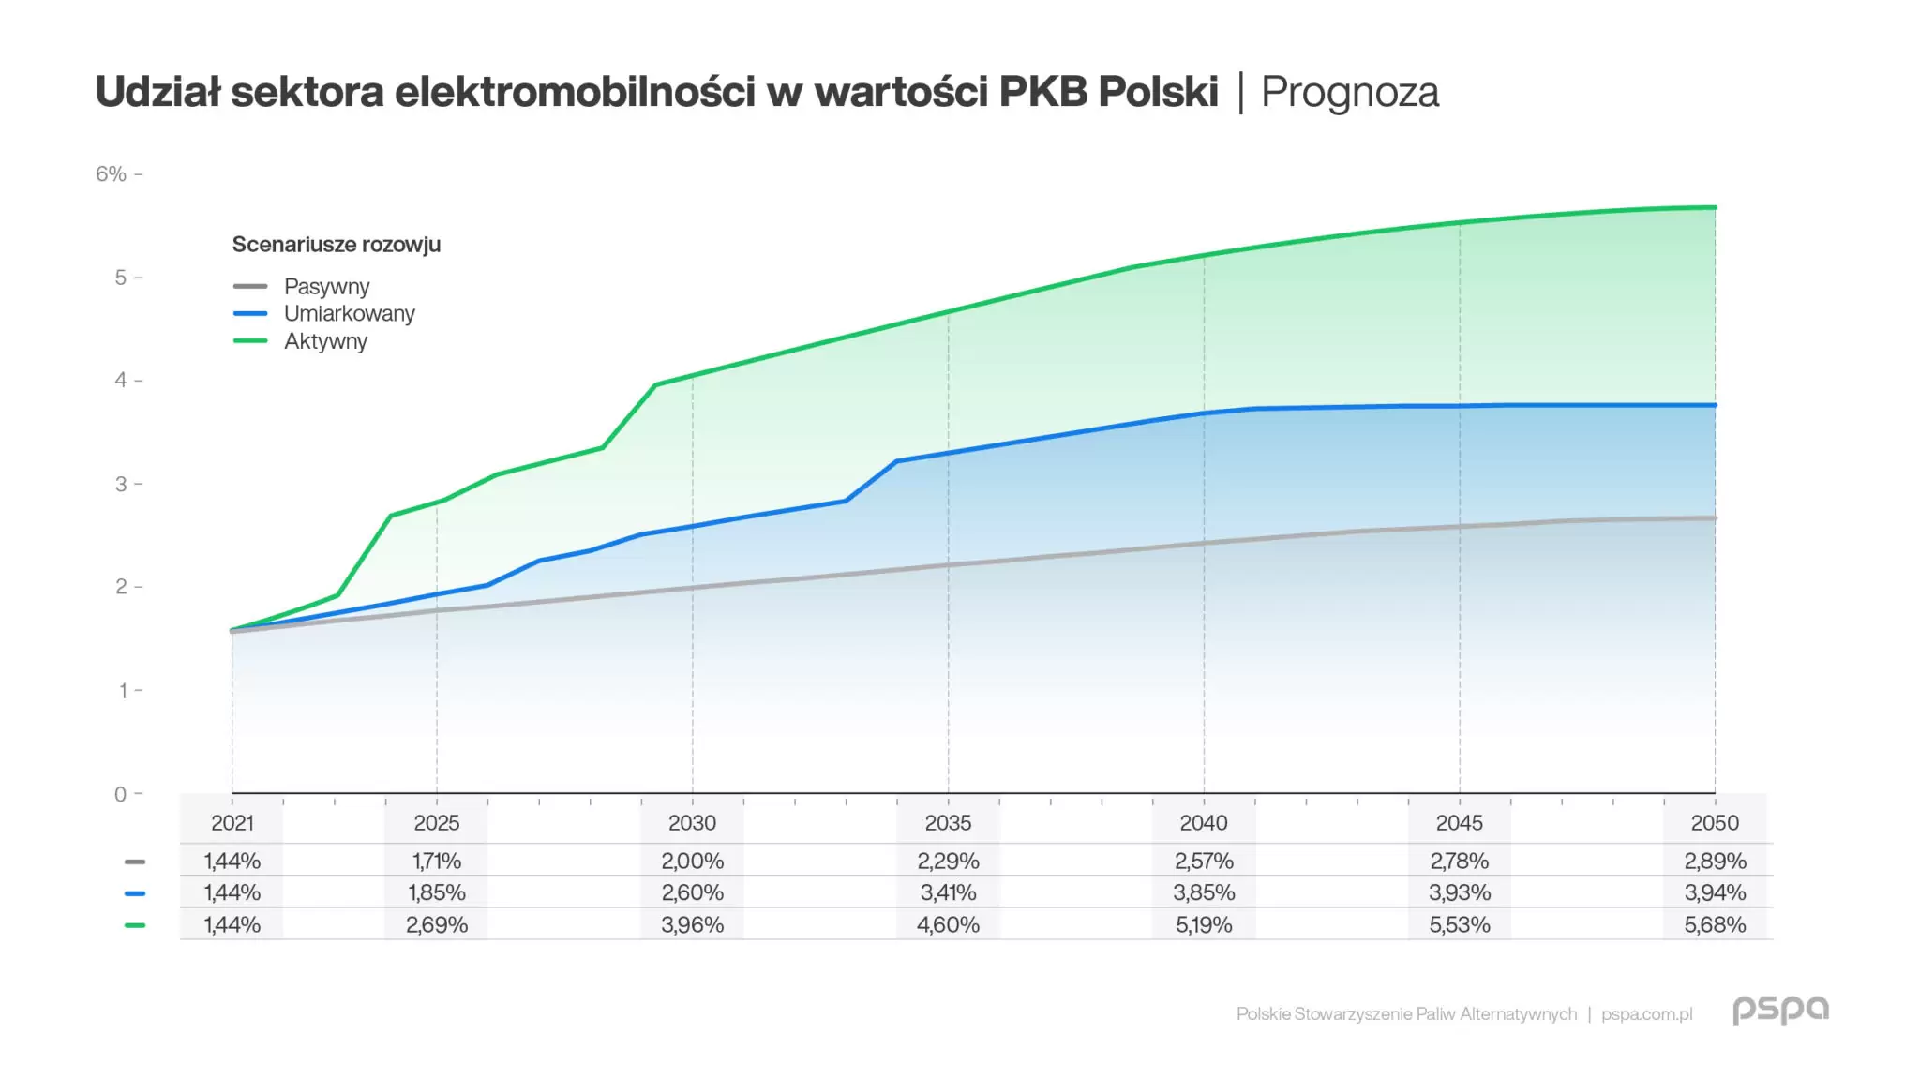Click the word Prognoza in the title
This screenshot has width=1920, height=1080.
coord(1349,93)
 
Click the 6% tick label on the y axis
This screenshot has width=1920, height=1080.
coord(111,174)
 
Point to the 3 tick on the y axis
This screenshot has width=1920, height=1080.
coord(121,485)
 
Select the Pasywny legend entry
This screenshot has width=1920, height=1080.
coord(326,286)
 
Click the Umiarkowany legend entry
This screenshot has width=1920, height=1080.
coord(349,313)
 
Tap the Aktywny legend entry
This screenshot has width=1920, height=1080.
coord(325,341)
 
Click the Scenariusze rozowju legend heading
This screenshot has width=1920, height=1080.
coord(336,245)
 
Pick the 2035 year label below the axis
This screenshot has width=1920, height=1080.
coord(948,823)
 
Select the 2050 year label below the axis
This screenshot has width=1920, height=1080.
coord(1715,823)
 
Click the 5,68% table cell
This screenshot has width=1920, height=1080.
coord(1715,925)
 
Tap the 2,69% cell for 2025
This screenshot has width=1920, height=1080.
coord(437,925)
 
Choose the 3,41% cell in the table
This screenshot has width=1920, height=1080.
coord(948,892)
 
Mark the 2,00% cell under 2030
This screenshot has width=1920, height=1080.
coord(692,861)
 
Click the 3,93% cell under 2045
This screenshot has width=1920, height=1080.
coord(1459,892)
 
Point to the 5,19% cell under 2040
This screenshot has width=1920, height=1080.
coord(1204,925)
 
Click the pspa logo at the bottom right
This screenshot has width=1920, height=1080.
coord(1779,1010)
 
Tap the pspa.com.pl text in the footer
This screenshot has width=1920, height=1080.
coord(1646,1014)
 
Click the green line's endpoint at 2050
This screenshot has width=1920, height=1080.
coord(1715,207)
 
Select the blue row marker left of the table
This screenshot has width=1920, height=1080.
coord(135,893)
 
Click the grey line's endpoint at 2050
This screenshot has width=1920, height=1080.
coord(1715,518)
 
